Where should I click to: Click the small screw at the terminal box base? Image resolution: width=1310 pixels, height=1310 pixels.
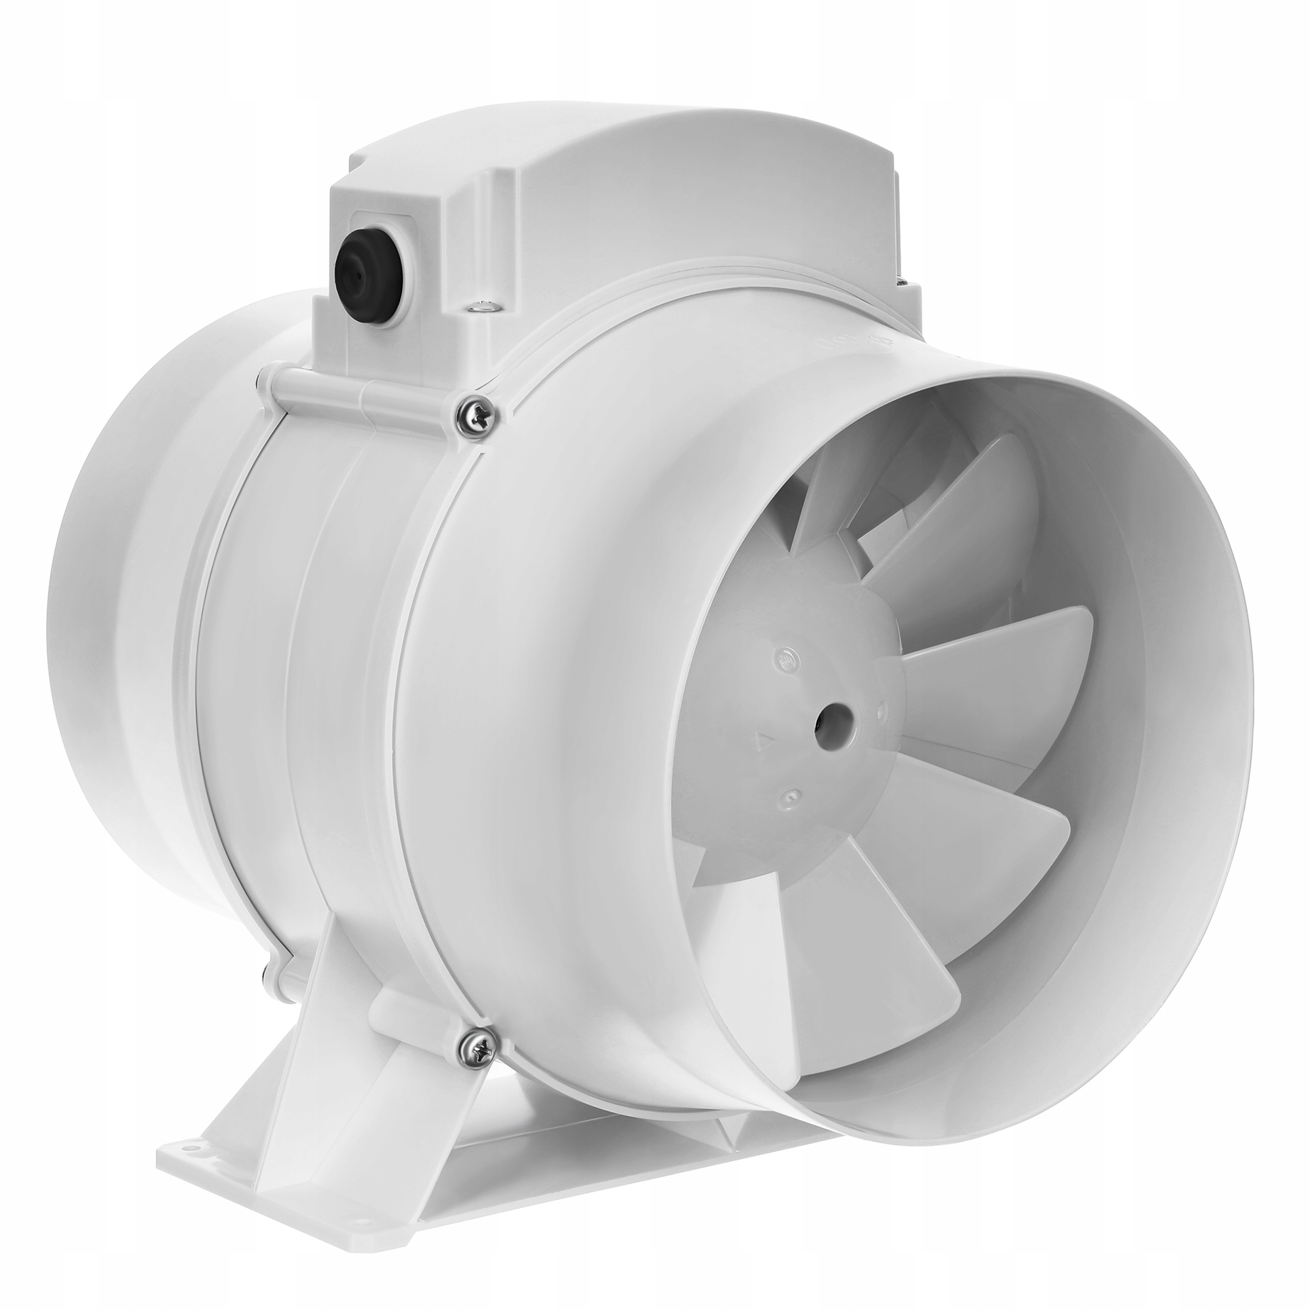482,309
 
